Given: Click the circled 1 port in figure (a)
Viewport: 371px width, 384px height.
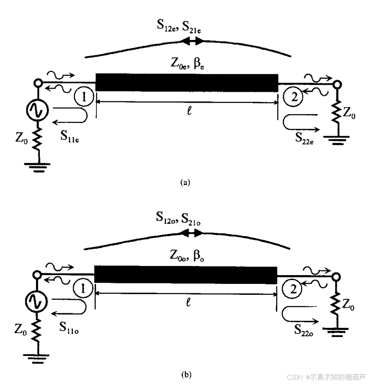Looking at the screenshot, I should point(84,97).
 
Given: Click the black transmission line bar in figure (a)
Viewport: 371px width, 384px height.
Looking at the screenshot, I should point(186,83).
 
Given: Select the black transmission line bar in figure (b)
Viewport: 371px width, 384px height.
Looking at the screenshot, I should point(186,274).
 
